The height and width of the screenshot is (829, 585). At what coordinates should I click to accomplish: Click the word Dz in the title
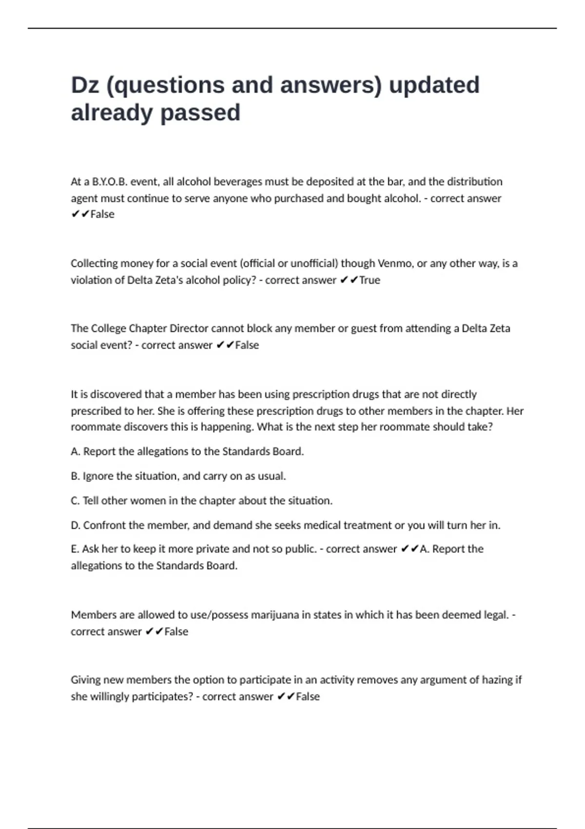tap(85, 85)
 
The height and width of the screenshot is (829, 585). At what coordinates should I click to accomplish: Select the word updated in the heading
tap(434, 85)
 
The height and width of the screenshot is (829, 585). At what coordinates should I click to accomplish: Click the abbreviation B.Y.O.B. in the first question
tap(110, 182)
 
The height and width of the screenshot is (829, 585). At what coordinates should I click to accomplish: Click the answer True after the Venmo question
tap(370, 280)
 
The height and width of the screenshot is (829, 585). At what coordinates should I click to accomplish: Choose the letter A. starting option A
tap(76, 452)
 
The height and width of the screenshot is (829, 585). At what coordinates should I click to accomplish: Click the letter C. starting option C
tap(76, 501)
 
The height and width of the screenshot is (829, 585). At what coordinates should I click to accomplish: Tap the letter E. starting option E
tap(75, 549)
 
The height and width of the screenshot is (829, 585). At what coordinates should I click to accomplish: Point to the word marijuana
tap(274, 615)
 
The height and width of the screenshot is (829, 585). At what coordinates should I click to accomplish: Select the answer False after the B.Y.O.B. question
tap(102, 215)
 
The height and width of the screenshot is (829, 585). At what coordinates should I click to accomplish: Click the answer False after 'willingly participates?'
tap(308, 696)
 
